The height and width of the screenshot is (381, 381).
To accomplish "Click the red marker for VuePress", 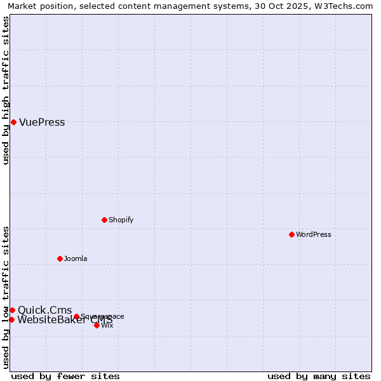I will pyautogui.click(x=13, y=122).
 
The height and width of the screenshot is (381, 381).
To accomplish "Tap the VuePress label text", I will pyautogui.click(x=42, y=123).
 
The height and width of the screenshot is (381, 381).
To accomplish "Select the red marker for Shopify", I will pyautogui.click(x=104, y=220).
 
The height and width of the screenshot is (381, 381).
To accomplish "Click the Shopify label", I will pyautogui.click(x=121, y=220).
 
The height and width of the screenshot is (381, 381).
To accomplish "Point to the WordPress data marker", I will pyautogui.click(x=291, y=234).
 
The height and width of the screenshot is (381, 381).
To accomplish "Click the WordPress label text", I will pyautogui.click(x=313, y=235).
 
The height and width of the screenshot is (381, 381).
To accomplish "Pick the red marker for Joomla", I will pyautogui.click(x=60, y=258).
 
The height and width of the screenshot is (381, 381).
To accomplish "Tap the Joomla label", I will pyautogui.click(x=76, y=259).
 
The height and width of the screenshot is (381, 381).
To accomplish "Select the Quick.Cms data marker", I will pyautogui.click(x=12, y=310).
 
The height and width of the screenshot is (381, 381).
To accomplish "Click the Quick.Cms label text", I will pyautogui.click(x=44, y=311).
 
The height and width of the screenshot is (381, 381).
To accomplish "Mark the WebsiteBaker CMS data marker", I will pyautogui.click(x=11, y=319).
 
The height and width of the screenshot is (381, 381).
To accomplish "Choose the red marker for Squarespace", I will pyautogui.click(x=76, y=316).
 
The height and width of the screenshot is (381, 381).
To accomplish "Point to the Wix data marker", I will pyautogui.click(x=97, y=325).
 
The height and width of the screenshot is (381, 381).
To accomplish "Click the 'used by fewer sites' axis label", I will pyautogui.click(x=65, y=377).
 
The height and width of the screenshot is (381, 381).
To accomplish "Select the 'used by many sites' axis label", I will pyautogui.click(x=319, y=377).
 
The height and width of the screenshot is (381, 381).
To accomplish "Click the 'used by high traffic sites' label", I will pyautogui.click(x=6, y=90).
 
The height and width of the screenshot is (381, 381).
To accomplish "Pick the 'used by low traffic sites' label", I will pyautogui.click(x=6, y=297).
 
